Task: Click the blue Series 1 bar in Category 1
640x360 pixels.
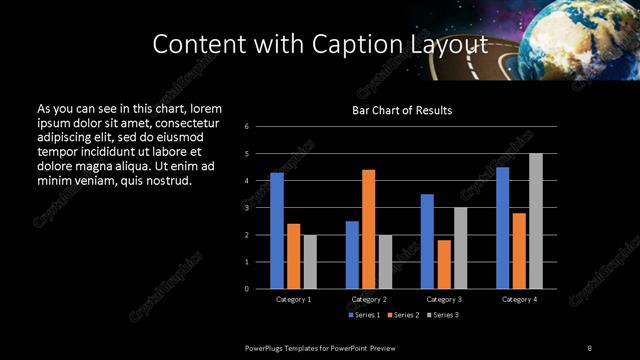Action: pos(277,231)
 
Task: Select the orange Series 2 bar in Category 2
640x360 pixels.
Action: pos(368,229)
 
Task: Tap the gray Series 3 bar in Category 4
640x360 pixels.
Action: pos(536,221)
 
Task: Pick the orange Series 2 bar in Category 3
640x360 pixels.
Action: pos(444,264)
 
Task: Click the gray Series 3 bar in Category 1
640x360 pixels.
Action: pos(310,262)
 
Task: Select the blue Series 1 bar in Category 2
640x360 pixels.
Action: pos(352,255)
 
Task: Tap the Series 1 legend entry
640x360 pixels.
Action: pos(364,315)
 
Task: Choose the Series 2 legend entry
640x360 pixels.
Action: pos(402,315)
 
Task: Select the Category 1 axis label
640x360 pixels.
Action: pos(293,299)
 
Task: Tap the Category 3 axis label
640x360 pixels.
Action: pos(444,299)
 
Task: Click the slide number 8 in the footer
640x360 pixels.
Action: pos(589,347)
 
